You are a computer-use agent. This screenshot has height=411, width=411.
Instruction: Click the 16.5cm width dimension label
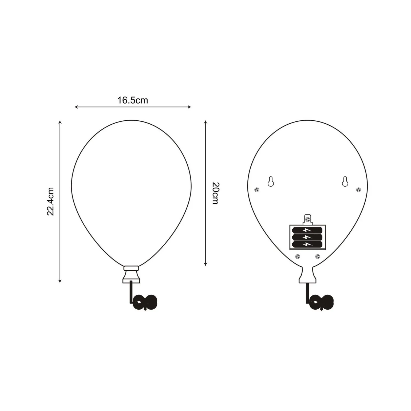pyautogui.click(x=133, y=100)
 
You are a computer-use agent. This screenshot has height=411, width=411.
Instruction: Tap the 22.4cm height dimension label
pyautogui.click(x=51, y=201)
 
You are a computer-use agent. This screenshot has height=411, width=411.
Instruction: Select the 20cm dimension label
pyautogui.click(x=215, y=193)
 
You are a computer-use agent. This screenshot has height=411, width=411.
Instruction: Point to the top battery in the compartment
pyautogui.click(x=307, y=230)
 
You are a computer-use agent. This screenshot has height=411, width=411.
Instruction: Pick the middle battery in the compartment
pyautogui.click(x=307, y=237)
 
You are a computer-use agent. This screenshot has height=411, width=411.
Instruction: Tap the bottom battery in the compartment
pyautogui.click(x=307, y=244)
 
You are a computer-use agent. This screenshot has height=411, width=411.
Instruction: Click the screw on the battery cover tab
pyautogui.click(x=308, y=219)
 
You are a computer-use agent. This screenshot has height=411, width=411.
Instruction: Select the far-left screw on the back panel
pyautogui.click(x=256, y=190)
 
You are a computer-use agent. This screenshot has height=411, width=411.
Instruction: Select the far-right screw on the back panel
pyautogui.click(x=358, y=190)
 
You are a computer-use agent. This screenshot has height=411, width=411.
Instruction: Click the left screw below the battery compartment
pyautogui.click(x=298, y=257)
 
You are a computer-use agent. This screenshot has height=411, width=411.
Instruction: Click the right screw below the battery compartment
pyautogui.click(x=317, y=257)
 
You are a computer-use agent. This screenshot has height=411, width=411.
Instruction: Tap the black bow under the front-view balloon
pyautogui.click(x=145, y=302)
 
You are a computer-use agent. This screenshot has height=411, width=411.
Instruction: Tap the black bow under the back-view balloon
pyautogui.click(x=322, y=302)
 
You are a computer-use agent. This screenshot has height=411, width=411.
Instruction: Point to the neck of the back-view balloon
pyautogui.click(x=307, y=275)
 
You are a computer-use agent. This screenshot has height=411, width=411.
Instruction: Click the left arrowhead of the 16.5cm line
pyautogui.click(x=76, y=107)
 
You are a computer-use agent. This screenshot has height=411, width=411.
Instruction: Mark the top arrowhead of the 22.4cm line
pyautogui.click(x=60, y=122)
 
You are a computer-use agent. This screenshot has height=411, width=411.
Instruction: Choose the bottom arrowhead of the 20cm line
pyautogui.click(x=205, y=264)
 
